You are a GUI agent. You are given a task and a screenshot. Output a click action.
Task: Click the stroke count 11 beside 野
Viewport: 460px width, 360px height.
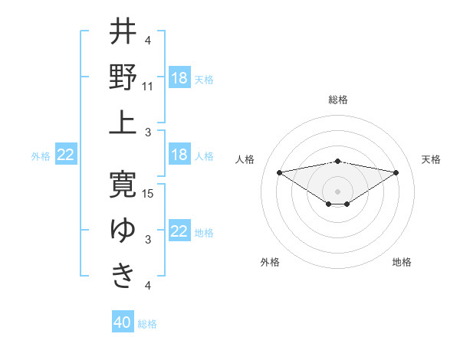pyautogui.click(x=148, y=87)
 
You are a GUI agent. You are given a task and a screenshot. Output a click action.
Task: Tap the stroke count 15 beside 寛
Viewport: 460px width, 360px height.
pyautogui.click(x=148, y=193)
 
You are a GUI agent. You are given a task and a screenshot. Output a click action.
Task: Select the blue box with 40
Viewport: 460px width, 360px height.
pyautogui.click(x=123, y=323)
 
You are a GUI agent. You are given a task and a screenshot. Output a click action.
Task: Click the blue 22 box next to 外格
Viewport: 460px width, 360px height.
pyautogui.click(x=65, y=155)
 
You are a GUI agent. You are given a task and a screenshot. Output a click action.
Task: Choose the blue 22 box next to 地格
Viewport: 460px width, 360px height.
pyautogui.click(x=179, y=232)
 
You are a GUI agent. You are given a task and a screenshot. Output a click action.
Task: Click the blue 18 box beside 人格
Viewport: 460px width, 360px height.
pyautogui.click(x=179, y=155)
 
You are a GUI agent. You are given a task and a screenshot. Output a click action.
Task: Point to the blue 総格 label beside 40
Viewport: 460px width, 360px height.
pyautogui.click(x=147, y=324)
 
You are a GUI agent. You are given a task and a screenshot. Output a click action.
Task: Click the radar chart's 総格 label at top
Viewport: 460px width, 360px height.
pyautogui.click(x=338, y=100)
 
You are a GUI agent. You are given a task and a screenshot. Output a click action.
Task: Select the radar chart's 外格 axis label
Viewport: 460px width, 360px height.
pyautogui.click(x=270, y=262)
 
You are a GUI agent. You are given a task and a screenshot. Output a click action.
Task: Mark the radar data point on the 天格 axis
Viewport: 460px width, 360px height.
pyautogui.click(x=396, y=172)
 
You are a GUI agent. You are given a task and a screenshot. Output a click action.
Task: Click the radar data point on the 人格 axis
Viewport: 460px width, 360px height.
pyautogui.click(x=279, y=172)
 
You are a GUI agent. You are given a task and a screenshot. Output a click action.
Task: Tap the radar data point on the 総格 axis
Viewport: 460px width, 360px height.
pyautogui.click(x=338, y=161)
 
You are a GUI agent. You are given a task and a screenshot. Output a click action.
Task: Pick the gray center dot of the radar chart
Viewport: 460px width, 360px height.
pyautogui.click(x=338, y=190)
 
